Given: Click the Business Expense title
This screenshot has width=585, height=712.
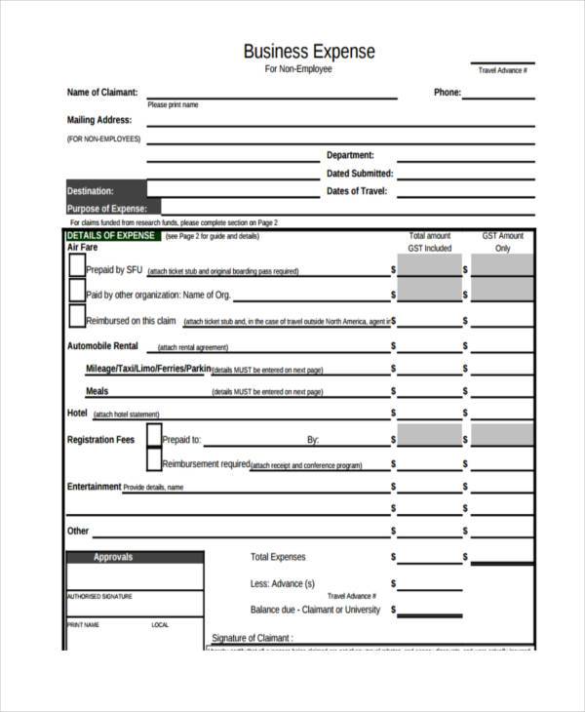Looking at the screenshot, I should pos(308,51).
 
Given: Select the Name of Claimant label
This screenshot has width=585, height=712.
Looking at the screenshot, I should pos(101,93).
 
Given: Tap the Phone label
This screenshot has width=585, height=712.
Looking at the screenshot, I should pos(446,93).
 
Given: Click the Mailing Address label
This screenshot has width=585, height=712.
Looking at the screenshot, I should pos(98,121).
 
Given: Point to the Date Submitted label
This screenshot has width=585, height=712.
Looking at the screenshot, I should pos(359,174).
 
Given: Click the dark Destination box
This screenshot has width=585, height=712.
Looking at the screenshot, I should pos(105,191).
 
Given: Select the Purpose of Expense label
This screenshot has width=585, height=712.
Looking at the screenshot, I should pos(106,209).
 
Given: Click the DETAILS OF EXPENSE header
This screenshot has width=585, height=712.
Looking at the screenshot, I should pos(110,236).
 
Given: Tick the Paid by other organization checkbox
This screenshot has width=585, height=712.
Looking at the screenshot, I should pos(77,291).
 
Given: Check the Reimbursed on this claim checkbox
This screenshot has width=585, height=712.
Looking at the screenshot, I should pos(77,316).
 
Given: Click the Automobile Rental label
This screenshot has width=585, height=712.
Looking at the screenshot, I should pos(102,346).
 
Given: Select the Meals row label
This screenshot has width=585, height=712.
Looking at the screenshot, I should pos(97,391).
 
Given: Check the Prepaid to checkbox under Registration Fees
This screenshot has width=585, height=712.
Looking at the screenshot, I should pos(154,435).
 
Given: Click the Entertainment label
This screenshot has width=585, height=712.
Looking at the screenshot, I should pos(94,486).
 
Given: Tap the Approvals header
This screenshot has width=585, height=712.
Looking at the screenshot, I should pos(113,557).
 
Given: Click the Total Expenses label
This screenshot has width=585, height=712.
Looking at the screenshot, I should pos(278,557).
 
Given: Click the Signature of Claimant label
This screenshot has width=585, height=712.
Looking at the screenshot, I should pos(253,638).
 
